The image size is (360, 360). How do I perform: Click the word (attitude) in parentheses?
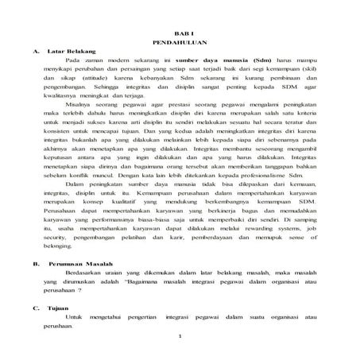(106, 81)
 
